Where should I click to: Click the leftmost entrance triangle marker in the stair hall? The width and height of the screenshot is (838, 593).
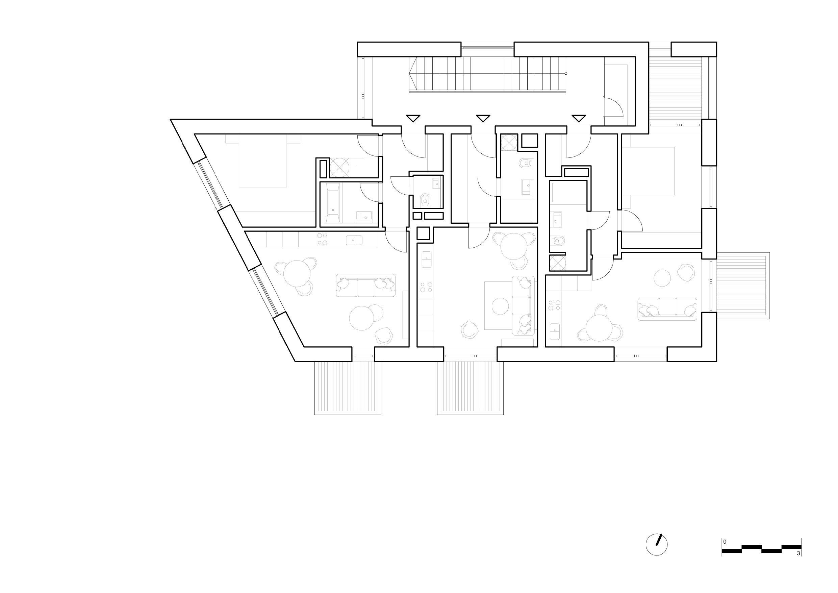[x=413, y=118]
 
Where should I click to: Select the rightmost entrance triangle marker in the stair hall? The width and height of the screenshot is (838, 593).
[x=579, y=118]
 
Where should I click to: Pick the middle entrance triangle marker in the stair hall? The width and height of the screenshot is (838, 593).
[x=483, y=118]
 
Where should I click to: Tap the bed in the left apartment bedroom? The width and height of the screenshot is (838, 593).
[x=263, y=160]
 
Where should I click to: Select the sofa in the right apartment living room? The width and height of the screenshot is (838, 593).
[x=667, y=309]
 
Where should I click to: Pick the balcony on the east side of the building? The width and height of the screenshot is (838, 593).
[x=743, y=286]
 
